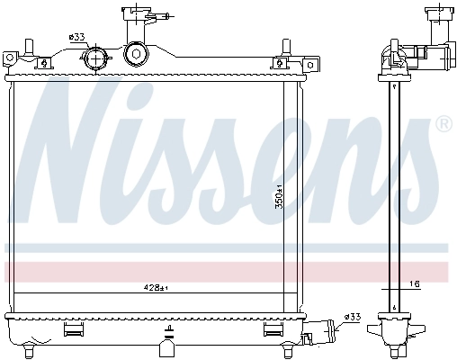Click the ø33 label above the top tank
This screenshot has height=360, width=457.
pyautogui.click(x=76, y=37)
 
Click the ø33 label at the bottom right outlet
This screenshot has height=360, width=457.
pyautogui.click(x=352, y=317)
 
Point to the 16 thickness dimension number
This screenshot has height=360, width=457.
pyautogui.click(x=415, y=283)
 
